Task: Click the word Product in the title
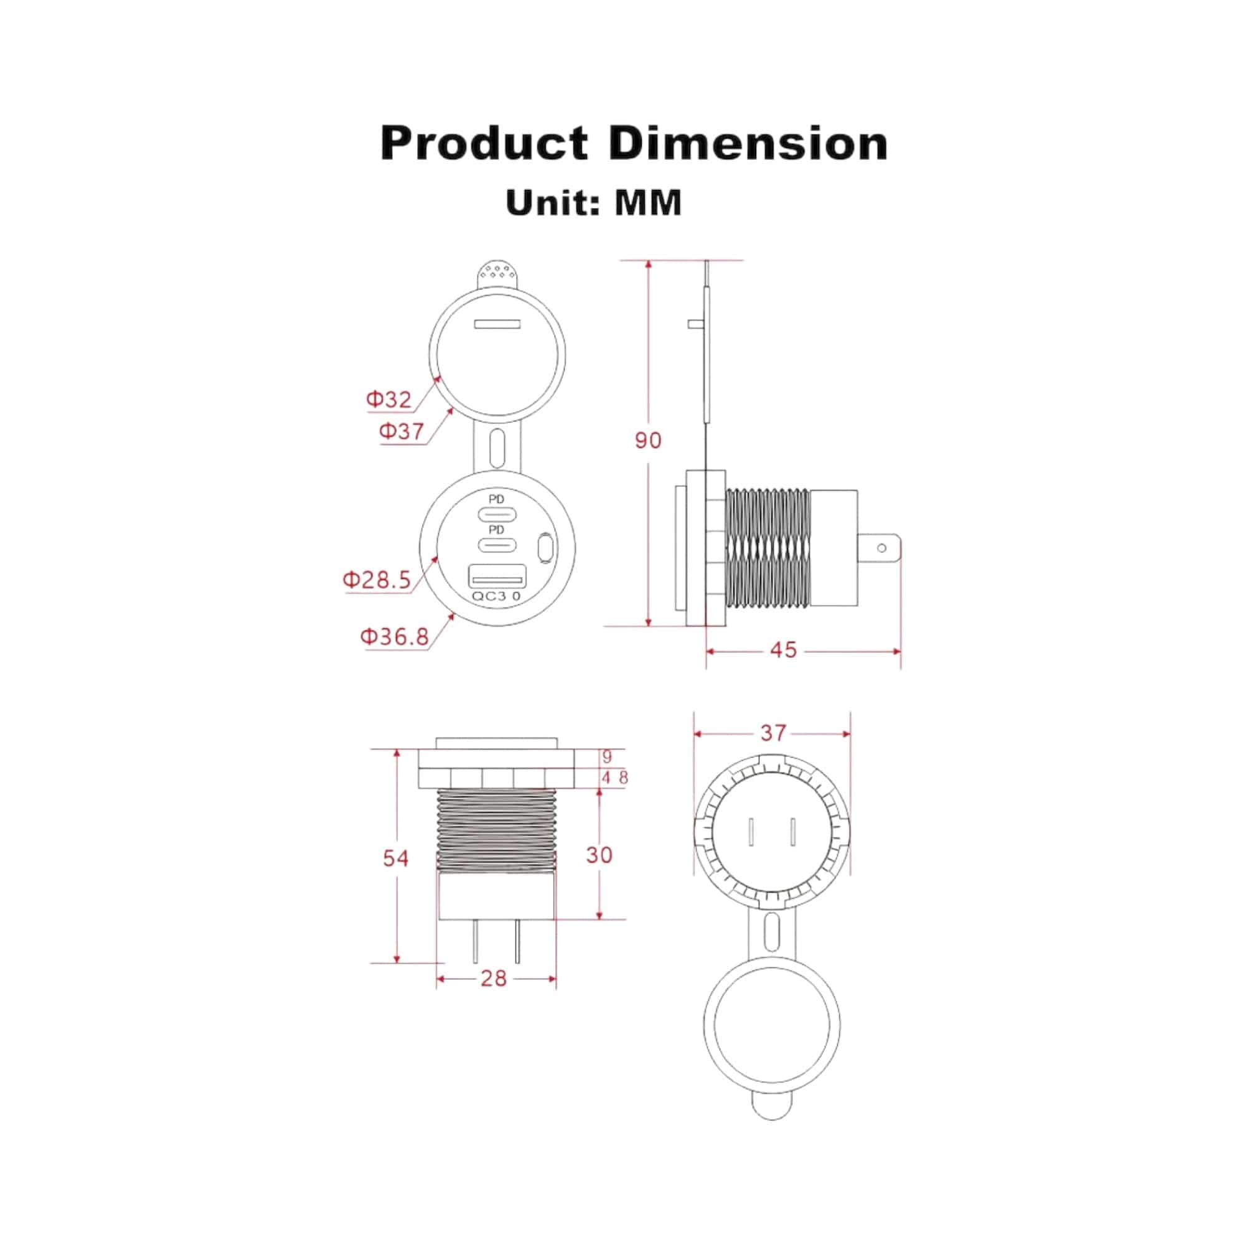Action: click(x=484, y=143)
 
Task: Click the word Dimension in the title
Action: click(x=748, y=143)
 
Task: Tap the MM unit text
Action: click(x=648, y=203)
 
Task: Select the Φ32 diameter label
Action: click(x=388, y=400)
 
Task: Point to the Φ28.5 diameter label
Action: click(x=377, y=580)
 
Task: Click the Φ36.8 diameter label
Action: click(x=395, y=637)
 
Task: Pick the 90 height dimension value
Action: click(x=648, y=441)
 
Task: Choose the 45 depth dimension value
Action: click(x=784, y=651)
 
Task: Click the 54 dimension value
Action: click(x=396, y=858)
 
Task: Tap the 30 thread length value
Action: click(x=599, y=855)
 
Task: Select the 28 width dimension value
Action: click(x=494, y=978)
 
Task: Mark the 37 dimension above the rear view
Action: click(x=773, y=733)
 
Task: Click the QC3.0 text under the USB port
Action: click(x=496, y=596)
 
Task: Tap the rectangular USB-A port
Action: click(x=497, y=575)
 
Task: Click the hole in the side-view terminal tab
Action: click(x=882, y=548)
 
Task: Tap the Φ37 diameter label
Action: click(x=402, y=431)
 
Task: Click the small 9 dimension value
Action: click(x=606, y=756)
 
